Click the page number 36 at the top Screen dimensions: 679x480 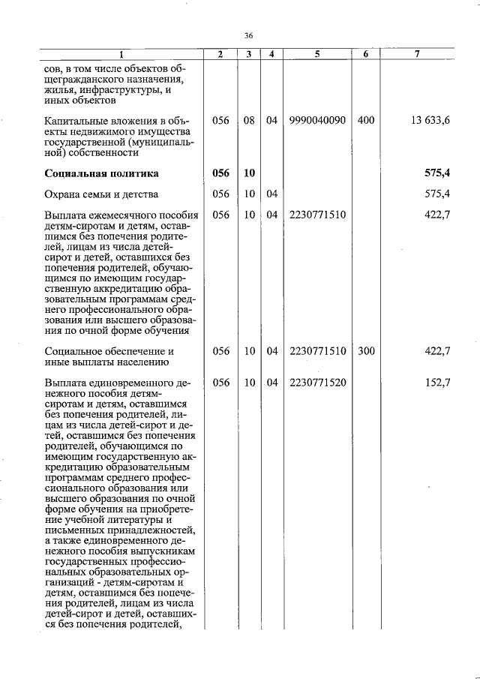coord(250,35)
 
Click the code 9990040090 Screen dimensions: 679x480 coord(317,120)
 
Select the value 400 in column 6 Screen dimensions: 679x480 coord(366,120)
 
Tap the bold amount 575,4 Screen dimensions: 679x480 coord(437,173)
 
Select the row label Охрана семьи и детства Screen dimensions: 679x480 coord(101,194)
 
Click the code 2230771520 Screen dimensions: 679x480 coord(317,382)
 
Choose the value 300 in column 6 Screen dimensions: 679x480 coord(366,350)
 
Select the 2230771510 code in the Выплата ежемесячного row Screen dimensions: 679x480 coord(317,215)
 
